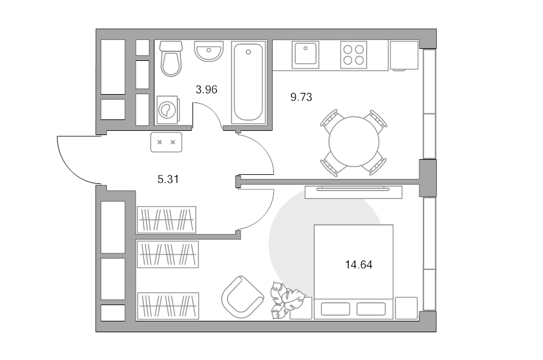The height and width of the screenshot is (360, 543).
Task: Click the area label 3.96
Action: pyautogui.click(x=206, y=90)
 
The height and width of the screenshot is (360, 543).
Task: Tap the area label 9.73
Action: pyautogui.click(x=301, y=97)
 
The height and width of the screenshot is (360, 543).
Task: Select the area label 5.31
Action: pyautogui.click(x=168, y=179)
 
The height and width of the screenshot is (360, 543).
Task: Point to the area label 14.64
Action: pyautogui.click(x=359, y=265)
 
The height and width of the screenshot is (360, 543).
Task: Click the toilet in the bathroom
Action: pyautogui.click(x=171, y=58)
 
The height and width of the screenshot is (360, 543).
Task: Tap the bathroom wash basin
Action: pyautogui.click(x=209, y=51)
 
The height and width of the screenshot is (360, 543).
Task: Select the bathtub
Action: pyautogui.click(x=249, y=82)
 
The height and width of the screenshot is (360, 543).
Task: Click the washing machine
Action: pyautogui.click(x=167, y=110)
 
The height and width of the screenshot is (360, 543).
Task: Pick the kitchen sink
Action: pyautogui.click(x=305, y=55)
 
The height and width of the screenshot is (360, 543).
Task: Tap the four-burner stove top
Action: pyautogui.click(x=354, y=55)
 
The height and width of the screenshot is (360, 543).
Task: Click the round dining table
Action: pyautogui.click(x=354, y=142)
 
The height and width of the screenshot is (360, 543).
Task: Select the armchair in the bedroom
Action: pyautogui.click(x=242, y=297)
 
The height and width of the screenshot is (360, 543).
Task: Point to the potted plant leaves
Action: pyautogui.click(x=287, y=300)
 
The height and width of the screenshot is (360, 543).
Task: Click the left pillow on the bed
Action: pyautogui.click(x=335, y=309)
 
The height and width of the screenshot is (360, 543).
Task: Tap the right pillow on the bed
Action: pyautogui.click(x=371, y=309)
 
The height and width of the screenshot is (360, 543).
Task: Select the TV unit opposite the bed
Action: pyautogui.click(x=354, y=192)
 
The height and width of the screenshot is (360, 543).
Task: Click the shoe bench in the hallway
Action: pyautogui.click(x=167, y=142)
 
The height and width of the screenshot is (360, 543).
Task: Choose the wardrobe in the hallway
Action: pyautogui.click(x=167, y=220)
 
